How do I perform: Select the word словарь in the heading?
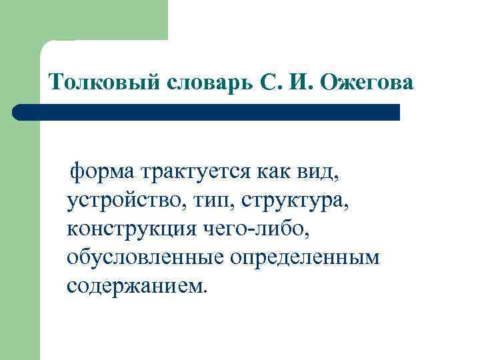click(205, 83)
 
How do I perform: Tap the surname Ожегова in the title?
click(367, 83)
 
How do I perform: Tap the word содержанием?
click(135, 285)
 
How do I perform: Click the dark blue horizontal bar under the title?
click(207, 112)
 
